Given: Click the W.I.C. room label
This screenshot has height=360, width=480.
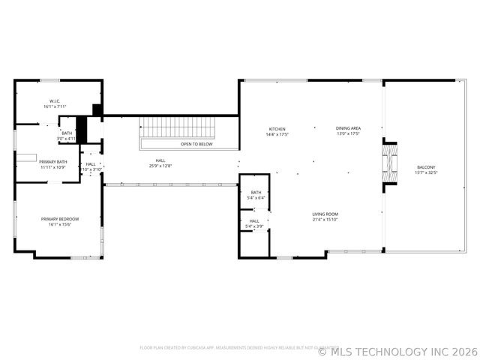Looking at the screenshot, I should point(55,100).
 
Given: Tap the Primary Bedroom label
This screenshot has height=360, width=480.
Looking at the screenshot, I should point(60,218).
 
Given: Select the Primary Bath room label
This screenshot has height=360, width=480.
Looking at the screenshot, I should point(53,161).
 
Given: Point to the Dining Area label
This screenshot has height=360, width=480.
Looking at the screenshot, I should point(348,129).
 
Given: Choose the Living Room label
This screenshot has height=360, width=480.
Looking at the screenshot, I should point(325,214).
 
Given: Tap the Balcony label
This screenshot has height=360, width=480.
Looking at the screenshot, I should point(426,167).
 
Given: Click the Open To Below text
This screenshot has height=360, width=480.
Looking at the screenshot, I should point(196,144).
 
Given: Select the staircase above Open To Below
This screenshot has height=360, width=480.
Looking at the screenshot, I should point(178,127).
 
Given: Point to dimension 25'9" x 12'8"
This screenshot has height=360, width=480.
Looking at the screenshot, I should point(160,166).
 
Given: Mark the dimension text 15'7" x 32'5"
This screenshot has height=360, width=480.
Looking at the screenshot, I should point(426,172).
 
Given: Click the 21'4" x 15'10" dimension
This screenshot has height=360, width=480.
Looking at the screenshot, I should point(325,220).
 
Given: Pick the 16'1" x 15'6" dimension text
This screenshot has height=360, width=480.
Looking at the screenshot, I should point(60,223).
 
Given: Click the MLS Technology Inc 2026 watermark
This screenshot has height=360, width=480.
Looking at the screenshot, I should point(398,350).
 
